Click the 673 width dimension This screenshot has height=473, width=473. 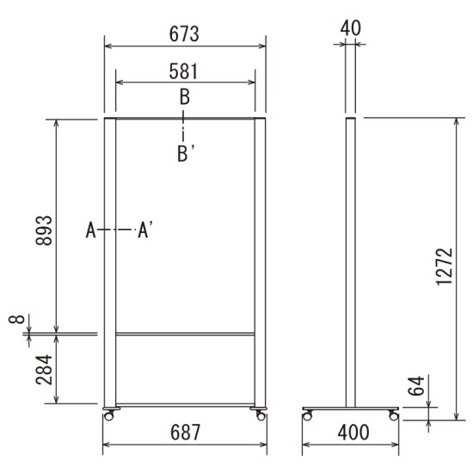click(184, 34)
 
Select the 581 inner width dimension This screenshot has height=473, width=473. click(183, 71)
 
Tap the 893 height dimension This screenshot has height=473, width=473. click(44, 230)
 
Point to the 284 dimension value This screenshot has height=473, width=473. click(44, 370)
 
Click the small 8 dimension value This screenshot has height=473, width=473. click(16, 319)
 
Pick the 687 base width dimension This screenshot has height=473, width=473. click(185, 433)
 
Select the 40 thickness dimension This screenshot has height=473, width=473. click(351, 28)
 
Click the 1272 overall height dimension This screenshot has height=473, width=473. click(445, 267)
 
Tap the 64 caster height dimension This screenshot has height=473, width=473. click(416, 386)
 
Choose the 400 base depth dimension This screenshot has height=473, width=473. click(353, 433)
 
